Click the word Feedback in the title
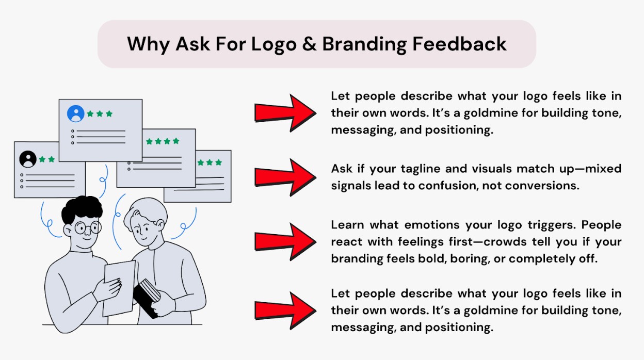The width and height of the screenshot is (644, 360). point(459,44)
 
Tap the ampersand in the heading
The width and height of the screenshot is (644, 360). point(309,44)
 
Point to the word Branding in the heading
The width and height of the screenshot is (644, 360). point(364,45)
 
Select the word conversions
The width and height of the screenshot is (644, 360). point(542,186)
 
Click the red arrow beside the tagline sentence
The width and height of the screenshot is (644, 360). point(285,177)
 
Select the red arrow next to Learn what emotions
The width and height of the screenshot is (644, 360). point(285,242)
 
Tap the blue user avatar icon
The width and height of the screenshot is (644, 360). point(76,113)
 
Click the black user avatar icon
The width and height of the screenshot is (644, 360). point(28,159)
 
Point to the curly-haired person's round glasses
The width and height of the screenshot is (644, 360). point(88,228)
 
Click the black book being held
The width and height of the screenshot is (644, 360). point(147,299)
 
